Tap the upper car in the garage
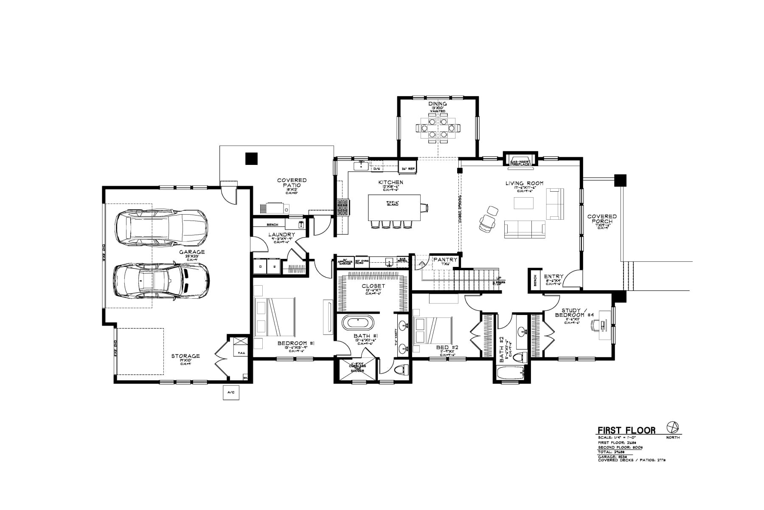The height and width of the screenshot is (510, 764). (162, 227)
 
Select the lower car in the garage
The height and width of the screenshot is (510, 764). (162, 281)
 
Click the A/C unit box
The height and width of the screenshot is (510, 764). (231, 392)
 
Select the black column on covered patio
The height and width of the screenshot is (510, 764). (251, 159)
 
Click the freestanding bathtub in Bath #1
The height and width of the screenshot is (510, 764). (358, 323)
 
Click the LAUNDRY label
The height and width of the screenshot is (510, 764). (282, 235)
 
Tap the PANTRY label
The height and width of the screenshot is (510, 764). (445, 260)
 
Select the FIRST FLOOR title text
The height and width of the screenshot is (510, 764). (626, 430)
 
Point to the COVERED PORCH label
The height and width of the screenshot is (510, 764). (602, 219)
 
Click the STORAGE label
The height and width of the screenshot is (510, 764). (185, 356)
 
